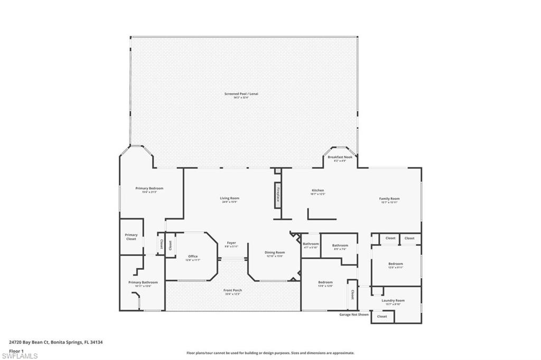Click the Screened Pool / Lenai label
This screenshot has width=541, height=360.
(x=241, y=94)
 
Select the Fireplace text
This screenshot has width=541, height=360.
(x=277, y=195)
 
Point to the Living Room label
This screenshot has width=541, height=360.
(x=229, y=198)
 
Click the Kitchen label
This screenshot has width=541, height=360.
(x=318, y=191)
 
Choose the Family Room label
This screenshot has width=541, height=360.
(x=389, y=198)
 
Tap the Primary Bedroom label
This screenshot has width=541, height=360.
(x=149, y=188)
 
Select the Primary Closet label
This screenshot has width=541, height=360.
(x=131, y=237)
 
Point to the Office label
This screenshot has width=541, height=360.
(x=193, y=257)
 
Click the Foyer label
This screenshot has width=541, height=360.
(x=231, y=243)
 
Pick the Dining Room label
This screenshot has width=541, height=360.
(x=275, y=252)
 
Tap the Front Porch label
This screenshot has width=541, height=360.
(x=232, y=290)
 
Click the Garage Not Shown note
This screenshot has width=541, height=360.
(x=354, y=314)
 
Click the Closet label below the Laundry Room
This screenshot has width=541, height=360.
(x=382, y=317)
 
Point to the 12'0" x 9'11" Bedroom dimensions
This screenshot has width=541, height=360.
(x=396, y=268)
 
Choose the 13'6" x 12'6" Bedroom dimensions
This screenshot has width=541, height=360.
(x=325, y=286)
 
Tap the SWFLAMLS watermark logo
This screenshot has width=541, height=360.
(x=20, y=355)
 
